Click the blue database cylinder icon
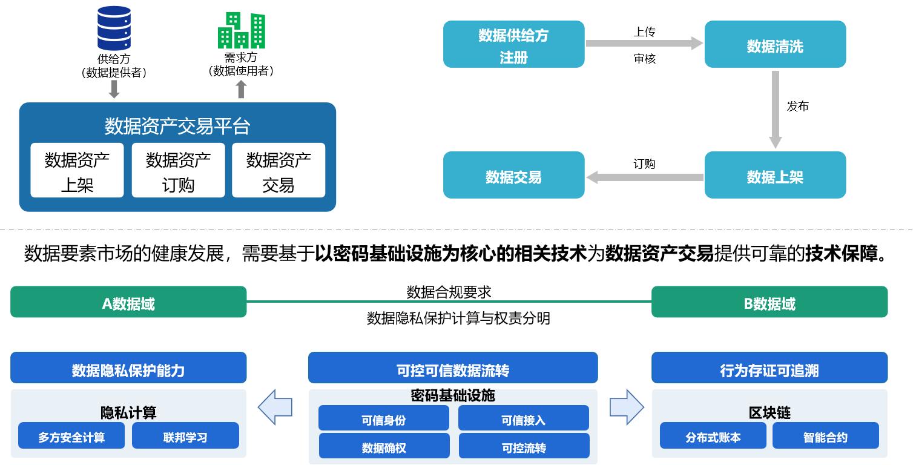pyautogui.click(x=114, y=28)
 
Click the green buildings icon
pyautogui.click(x=241, y=30)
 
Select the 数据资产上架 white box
pyautogui.click(x=77, y=170)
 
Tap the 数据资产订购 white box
pyautogui.click(x=178, y=170)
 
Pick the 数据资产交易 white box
pyautogui.click(x=279, y=170)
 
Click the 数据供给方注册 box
pyautogui.click(x=513, y=44)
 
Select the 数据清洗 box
pyautogui.click(x=775, y=44)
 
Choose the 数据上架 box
pyautogui.click(x=775, y=175)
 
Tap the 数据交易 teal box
pyautogui.click(x=513, y=175)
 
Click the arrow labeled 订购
pyautogui.click(x=645, y=177)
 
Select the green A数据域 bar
pyautogui.click(x=128, y=302)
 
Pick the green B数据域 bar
pyautogui.click(x=769, y=302)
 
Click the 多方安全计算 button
pyautogui.click(x=71, y=436)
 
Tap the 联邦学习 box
pyautogui.click(x=185, y=436)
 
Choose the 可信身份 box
pyautogui.click(x=383, y=418)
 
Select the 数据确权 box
pyautogui.click(x=383, y=447)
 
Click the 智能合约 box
pyautogui.click(x=825, y=436)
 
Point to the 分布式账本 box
pyautogui.click(x=713, y=436)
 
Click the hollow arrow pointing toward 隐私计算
pyautogui.click(x=275, y=407)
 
